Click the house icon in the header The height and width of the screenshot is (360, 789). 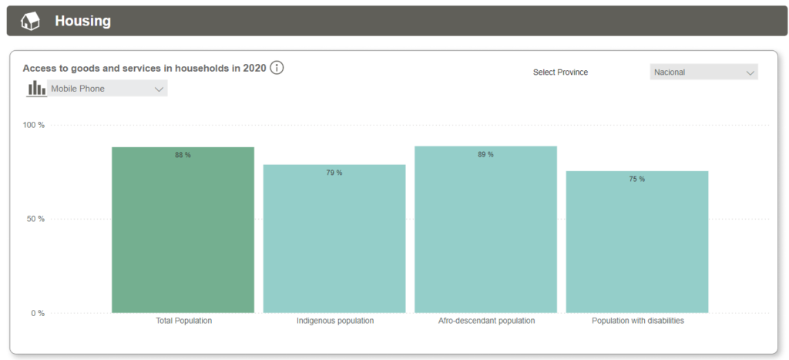coord(30,21)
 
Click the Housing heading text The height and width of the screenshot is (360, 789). coord(82,22)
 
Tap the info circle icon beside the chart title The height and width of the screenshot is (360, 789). coord(277,68)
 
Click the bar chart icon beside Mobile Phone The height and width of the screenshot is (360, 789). coord(36,89)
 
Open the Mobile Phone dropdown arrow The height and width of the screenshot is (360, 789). coord(159,89)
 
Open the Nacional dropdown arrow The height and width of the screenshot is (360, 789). coord(750,72)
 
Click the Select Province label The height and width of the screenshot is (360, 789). coord(560,72)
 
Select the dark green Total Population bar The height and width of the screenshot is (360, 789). coord(183,231)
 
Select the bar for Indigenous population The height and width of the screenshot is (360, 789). coord(334,239)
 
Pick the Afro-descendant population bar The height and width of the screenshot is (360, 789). coord(485,231)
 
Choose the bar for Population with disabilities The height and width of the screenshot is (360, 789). coord(637,243)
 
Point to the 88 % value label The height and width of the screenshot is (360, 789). coord(183,155)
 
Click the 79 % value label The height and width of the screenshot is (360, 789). coord(334,173)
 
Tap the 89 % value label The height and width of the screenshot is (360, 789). coord(485,154)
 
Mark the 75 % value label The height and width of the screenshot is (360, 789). coord(637,179)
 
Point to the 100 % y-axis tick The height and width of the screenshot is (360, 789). coord(33,125)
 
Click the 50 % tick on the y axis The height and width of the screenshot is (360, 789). coord(35,219)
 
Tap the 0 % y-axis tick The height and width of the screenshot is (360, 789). coord(37,313)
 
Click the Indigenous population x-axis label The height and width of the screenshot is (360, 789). coord(335,321)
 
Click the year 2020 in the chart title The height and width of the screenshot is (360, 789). coord(254,68)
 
